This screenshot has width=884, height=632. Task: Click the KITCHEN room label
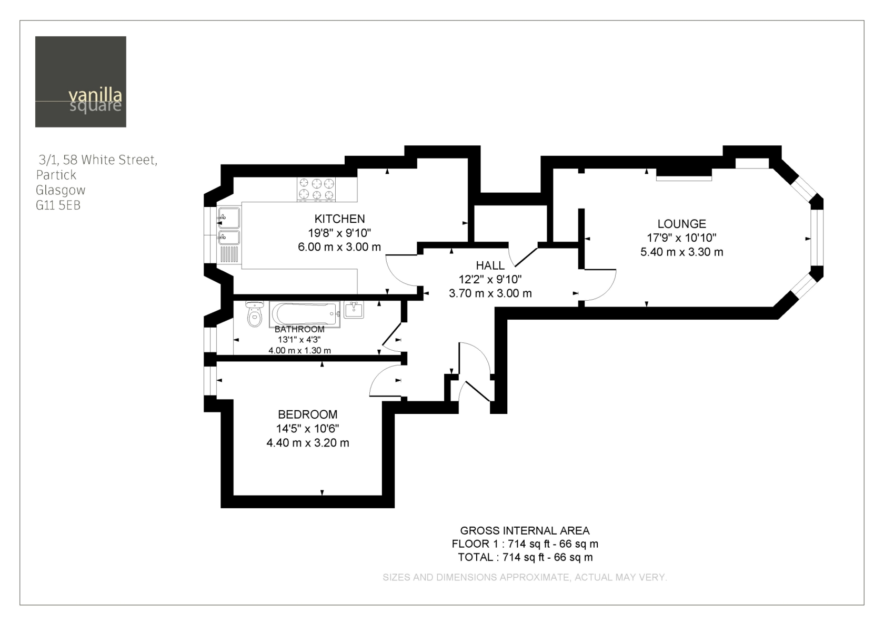(339, 219)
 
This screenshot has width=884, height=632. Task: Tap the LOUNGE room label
(681, 223)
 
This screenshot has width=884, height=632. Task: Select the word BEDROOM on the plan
(307, 414)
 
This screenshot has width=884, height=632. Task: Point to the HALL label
(490, 265)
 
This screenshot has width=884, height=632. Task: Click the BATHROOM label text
(299, 329)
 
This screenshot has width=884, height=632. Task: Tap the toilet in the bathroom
(255, 313)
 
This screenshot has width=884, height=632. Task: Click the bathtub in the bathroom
(305, 314)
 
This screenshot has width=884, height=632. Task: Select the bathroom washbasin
(354, 310)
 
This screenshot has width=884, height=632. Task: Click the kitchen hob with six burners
(317, 189)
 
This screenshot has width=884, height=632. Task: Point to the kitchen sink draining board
(229, 254)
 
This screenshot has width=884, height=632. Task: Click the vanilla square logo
(81, 82)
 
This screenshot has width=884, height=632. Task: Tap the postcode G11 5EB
(58, 205)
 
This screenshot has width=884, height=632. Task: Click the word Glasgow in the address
(61, 191)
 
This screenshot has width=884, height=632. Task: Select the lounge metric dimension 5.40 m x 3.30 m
(681, 252)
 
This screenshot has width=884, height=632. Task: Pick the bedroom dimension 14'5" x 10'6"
(307, 429)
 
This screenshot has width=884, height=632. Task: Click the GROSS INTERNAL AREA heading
(525, 530)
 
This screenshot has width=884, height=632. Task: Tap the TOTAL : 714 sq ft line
(525, 557)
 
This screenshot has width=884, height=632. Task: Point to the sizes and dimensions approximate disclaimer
(525, 577)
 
